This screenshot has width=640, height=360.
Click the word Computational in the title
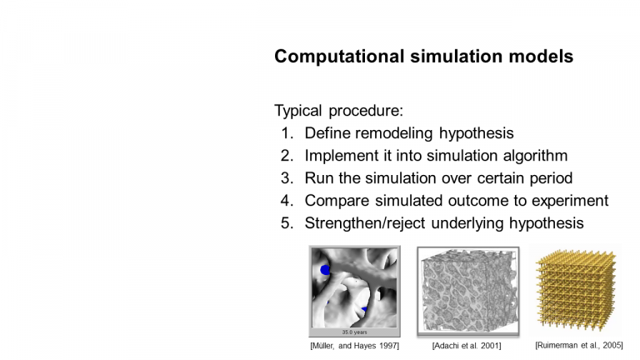tap(339, 57)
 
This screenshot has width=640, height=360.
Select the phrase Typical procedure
tap(339, 111)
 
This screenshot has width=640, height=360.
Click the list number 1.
tap(287, 133)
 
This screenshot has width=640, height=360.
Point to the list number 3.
tap(287, 178)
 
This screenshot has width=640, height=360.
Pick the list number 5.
tap(287, 222)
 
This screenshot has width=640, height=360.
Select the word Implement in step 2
tap(337, 156)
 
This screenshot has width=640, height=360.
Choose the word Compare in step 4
tap(337, 201)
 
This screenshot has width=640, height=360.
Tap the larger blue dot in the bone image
tap(325, 270)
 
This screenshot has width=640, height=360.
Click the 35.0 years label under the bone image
tap(354, 332)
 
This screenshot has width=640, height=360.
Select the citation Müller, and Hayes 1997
tap(355, 346)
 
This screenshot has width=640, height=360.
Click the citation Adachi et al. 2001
tap(467, 346)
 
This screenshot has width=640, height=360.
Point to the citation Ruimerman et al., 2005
tap(579, 345)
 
